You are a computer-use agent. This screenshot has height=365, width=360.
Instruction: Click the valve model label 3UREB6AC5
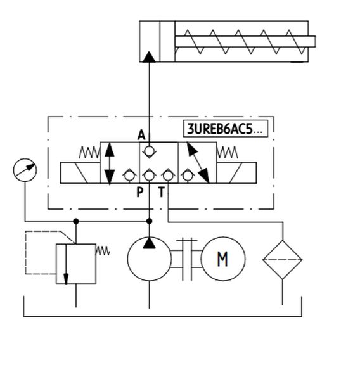pyautogui.click(x=226, y=129)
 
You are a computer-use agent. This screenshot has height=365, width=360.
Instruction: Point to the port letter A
pyautogui.click(x=141, y=135)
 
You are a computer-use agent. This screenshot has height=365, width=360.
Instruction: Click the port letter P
pyautogui.click(x=139, y=192)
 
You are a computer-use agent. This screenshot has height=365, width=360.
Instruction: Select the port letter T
pyautogui.click(x=162, y=192)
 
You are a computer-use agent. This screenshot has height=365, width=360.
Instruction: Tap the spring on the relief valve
pyautogui.click(x=103, y=251)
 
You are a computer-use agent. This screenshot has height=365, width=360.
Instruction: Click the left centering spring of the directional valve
pyautogui.click(x=89, y=153)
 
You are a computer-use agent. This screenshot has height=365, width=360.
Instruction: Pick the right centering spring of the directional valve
pyautogui.click(x=228, y=153)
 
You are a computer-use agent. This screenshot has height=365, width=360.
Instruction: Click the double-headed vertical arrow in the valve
pyautogui.click(x=109, y=163)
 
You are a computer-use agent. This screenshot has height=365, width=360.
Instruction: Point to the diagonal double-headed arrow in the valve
pyautogui.click(x=198, y=163)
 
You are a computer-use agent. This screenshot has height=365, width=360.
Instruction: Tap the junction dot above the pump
pyautogui.click(x=150, y=221)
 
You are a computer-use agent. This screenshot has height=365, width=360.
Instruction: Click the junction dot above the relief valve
pyautogui.click(x=76, y=221)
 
